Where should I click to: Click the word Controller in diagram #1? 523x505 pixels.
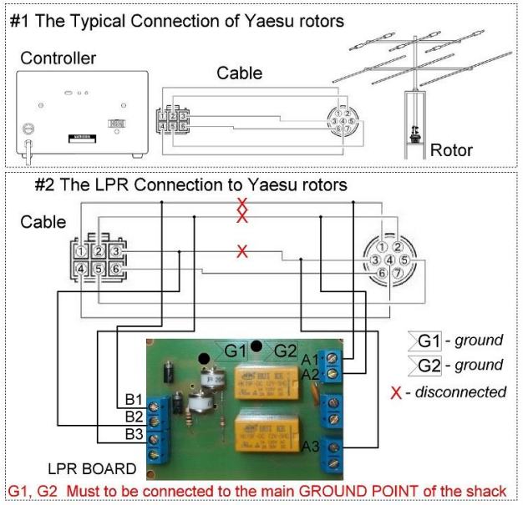click(x=58, y=58)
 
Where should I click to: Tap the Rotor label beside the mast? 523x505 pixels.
click(x=451, y=151)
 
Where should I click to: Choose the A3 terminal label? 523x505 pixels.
click(x=311, y=446)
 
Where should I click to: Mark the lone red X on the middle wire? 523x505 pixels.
click(x=242, y=251)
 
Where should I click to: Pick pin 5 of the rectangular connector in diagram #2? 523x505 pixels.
click(x=99, y=270)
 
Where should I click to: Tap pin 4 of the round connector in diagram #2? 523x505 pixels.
click(x=389, y=260)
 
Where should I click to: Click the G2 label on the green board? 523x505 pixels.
click(x=286, y=350)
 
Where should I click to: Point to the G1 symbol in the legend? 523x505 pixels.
click(x=429, y=341)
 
